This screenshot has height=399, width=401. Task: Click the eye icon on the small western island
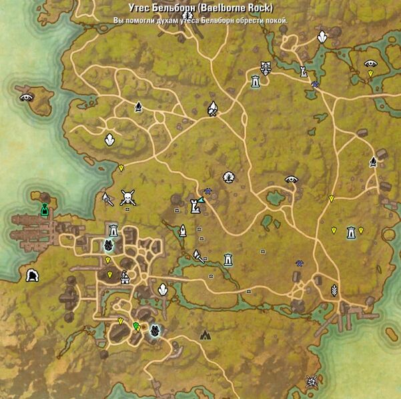(x=27, y=97)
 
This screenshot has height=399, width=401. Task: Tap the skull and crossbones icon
(x=127, y=198)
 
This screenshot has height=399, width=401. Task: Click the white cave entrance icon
(x=31, y=276)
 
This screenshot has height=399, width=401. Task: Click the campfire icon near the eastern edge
(x=373, y=161)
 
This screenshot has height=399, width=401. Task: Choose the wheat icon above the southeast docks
(x=334, y=290)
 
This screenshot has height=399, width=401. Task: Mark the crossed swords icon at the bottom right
(x=311, y=381)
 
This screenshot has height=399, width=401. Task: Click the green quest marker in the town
(x=136, y=326)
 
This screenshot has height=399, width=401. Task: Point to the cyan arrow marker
(x=200, y=208)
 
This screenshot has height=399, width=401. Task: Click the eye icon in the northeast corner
(x=370, y=65)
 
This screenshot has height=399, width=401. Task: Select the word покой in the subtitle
(x=275, y=21)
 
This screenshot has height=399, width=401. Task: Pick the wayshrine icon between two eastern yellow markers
(x=351, y=232)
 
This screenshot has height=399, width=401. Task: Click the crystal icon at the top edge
(x=322, y=37)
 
